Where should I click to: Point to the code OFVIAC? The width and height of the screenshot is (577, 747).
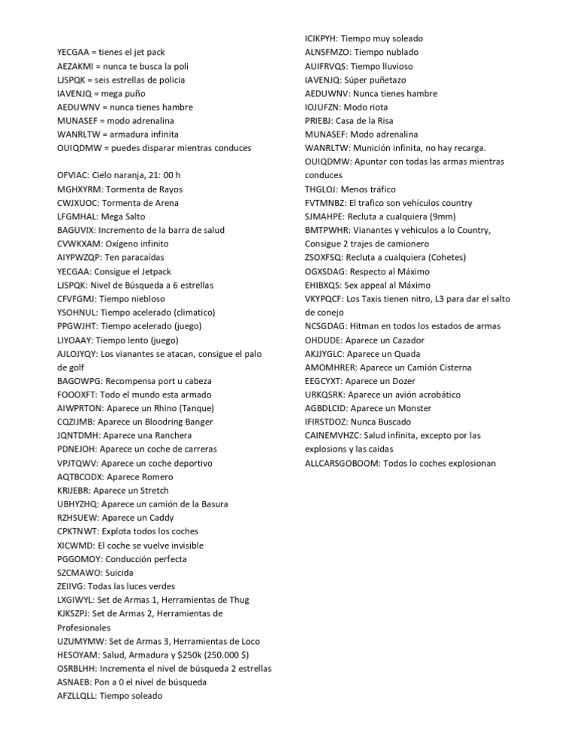[x=74, y=175]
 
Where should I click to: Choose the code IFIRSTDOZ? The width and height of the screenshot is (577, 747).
[x=329, y=422]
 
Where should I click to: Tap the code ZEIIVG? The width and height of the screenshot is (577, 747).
[x=71, y=586]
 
